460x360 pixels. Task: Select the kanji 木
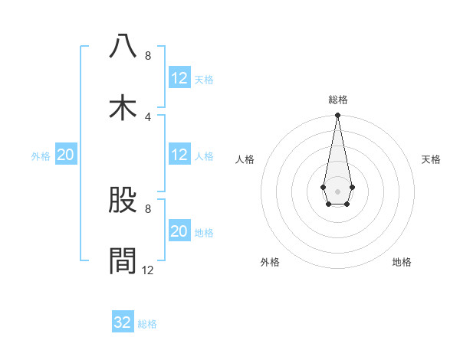tap(123, 108)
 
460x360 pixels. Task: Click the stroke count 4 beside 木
tap(147, 116)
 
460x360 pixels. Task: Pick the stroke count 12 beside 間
tap(147, 270)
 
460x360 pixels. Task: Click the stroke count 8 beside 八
tap(147, 55)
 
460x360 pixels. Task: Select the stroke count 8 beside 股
tap(147, 208)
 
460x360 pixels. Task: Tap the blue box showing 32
tap(123, 322)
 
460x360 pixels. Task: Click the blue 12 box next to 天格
tap(179, 78)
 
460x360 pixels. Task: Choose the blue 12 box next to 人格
tap(179, 155)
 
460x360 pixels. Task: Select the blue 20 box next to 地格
tap(179, 231)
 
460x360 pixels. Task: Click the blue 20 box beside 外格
tap(66, 155)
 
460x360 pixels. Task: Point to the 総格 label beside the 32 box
tap(147, 324)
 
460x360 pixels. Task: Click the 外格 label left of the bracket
tap(41, 155)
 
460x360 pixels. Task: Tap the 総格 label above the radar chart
tap(337, 100)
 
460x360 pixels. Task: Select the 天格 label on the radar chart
tap(432, 159)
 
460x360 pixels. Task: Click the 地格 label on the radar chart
tap(402, 262)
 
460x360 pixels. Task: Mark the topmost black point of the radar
tap(337, 116)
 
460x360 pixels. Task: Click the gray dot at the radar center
tap(337, 191)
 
